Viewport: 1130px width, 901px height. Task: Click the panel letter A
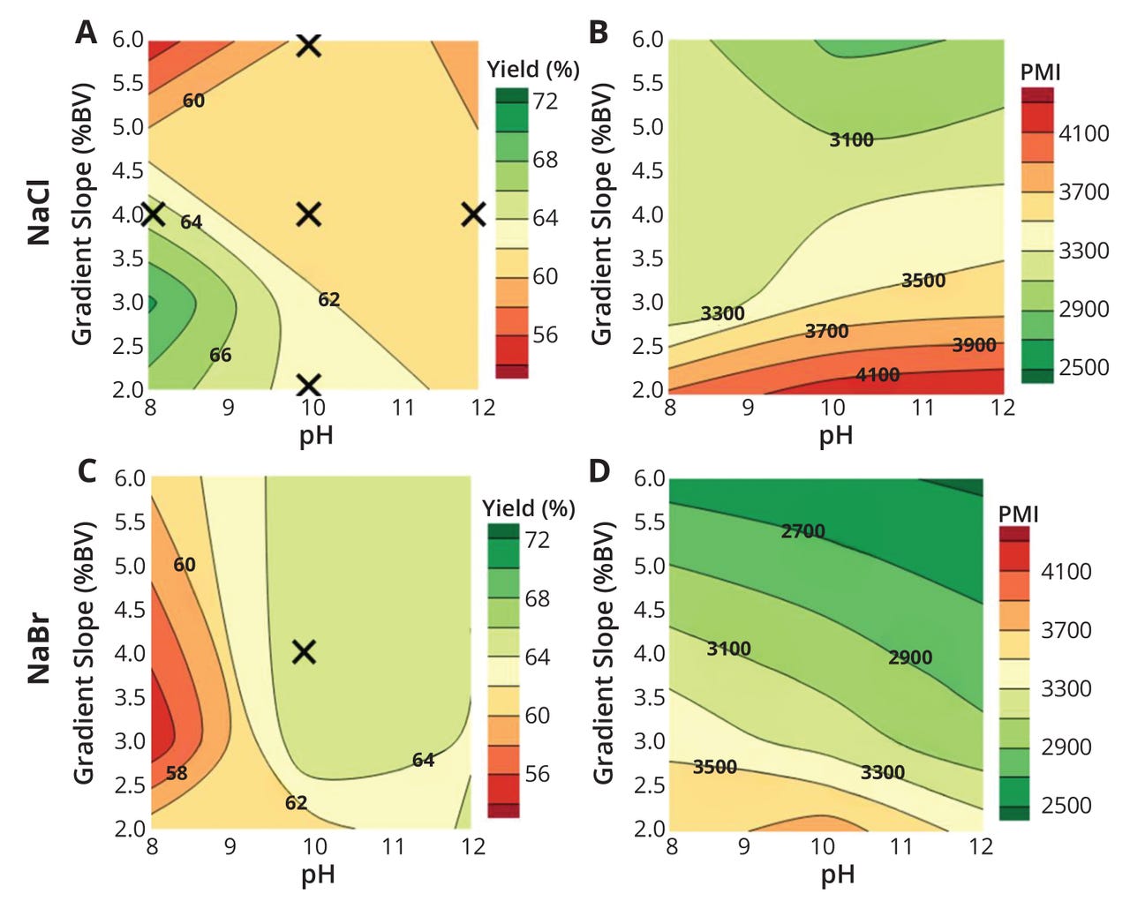[x=86, y=33]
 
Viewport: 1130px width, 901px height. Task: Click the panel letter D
[x=599, y=470]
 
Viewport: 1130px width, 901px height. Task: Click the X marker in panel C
[x=305, y=652]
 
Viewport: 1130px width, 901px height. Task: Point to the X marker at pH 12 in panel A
[x=474, y=214]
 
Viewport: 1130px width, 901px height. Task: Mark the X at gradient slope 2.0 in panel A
[x=309, y=385]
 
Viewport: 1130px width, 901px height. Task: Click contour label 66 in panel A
[x=221, y=355]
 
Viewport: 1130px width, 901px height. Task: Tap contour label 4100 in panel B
[x=878, y=375]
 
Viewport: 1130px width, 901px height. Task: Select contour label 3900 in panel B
[x=974, y=345]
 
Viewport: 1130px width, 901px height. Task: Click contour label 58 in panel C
[x=177, y=773]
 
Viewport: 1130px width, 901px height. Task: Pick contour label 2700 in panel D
[x=802, y=531]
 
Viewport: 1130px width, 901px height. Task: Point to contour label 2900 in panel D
[x=910, y=657]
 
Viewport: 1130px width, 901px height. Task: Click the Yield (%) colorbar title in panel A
[x=533, y=70]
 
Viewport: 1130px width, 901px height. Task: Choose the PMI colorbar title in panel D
[x=1018, y=514]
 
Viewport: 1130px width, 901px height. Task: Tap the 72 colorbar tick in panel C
[x=537, y=539]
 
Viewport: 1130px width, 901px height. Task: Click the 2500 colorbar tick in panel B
[x=1083, y=367]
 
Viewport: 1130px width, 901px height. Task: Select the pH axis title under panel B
[x=836, y=434]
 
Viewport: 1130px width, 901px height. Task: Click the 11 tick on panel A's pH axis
[x=403, y=407]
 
